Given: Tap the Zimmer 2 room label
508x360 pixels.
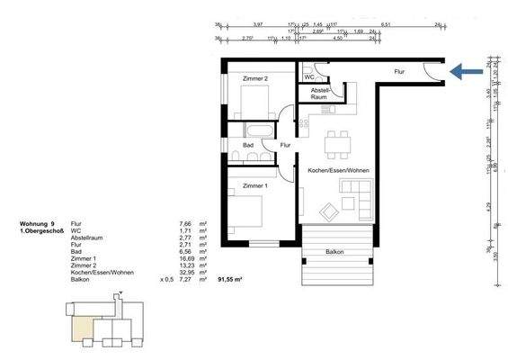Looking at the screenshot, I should click(x=256, y=79).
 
